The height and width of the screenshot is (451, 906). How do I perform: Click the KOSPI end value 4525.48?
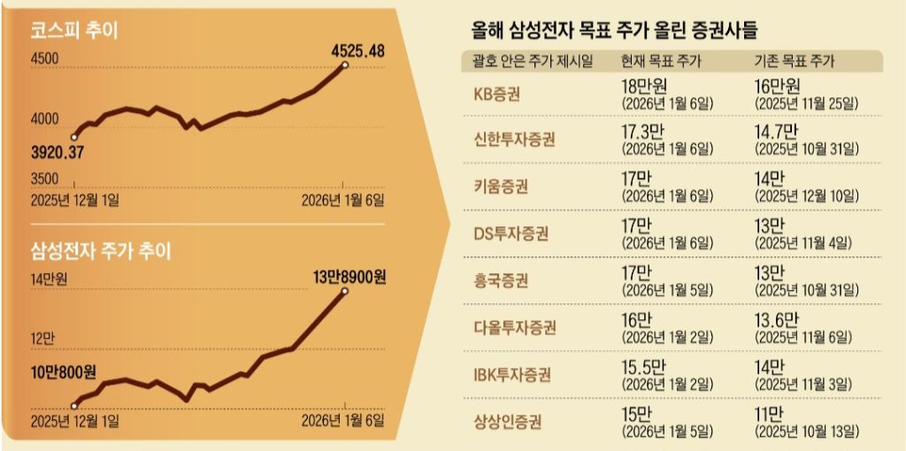(x=357, y=51)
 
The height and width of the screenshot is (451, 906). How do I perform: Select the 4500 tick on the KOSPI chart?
(x=44, y=59)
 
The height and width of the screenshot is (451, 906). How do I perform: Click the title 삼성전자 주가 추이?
(x=100, y=250)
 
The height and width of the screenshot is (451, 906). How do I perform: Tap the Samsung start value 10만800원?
(x=64, y=370)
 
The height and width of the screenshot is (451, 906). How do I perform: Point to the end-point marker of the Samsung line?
(x=344, y=291)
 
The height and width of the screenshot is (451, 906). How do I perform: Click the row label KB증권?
(x=498, y=94)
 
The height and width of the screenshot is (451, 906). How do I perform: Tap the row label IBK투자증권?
(x=512, y=374)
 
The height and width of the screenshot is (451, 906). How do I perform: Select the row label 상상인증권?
(x=508, y=421)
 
